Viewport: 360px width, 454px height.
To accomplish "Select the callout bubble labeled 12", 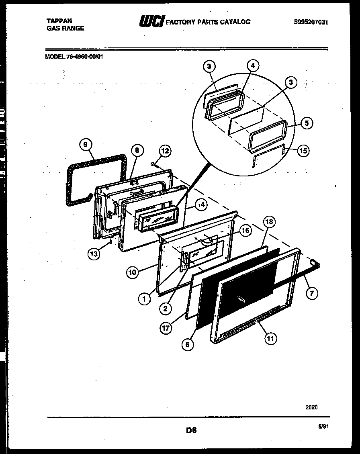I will pyautogui.click(x=165, y=151).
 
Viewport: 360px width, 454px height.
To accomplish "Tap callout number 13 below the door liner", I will pyautogui.click(x=94, y=254).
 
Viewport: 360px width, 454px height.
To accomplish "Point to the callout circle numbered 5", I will pyautogui.click(x=306, y=123).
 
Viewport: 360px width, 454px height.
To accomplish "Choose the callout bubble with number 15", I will pyautogui.click(x=304, y=151).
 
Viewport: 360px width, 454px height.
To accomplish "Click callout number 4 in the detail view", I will pyautogui.click(x=252, y=66).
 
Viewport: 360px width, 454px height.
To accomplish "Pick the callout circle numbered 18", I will pyautogui.click(x=269, y=222).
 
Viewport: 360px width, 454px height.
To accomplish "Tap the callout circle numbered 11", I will pyautogui.click(x=270, y=339).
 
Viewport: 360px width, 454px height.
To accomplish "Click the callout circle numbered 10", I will pyautogui.click(x=133, y=272).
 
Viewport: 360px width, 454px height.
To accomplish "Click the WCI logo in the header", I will pyautogui.click(x=151, y=22).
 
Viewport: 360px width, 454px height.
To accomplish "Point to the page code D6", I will pyautogui.click(x=191, y=431).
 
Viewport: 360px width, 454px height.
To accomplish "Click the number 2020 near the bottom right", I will pyautogui.click(x=311, y=407).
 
